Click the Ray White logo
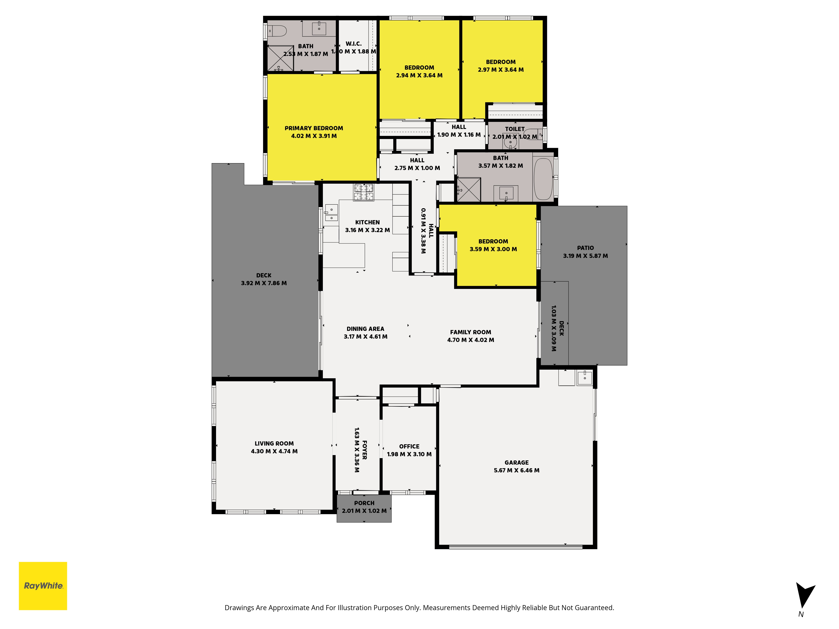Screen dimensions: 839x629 43,586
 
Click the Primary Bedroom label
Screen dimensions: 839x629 314,128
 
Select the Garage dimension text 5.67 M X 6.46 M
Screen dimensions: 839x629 517,470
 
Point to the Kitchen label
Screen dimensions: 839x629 367,222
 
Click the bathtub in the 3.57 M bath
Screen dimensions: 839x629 543,179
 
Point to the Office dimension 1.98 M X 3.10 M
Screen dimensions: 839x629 409,454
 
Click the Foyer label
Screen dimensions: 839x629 365,450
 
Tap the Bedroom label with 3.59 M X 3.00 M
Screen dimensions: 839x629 493,241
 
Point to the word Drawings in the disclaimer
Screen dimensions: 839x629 239,608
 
